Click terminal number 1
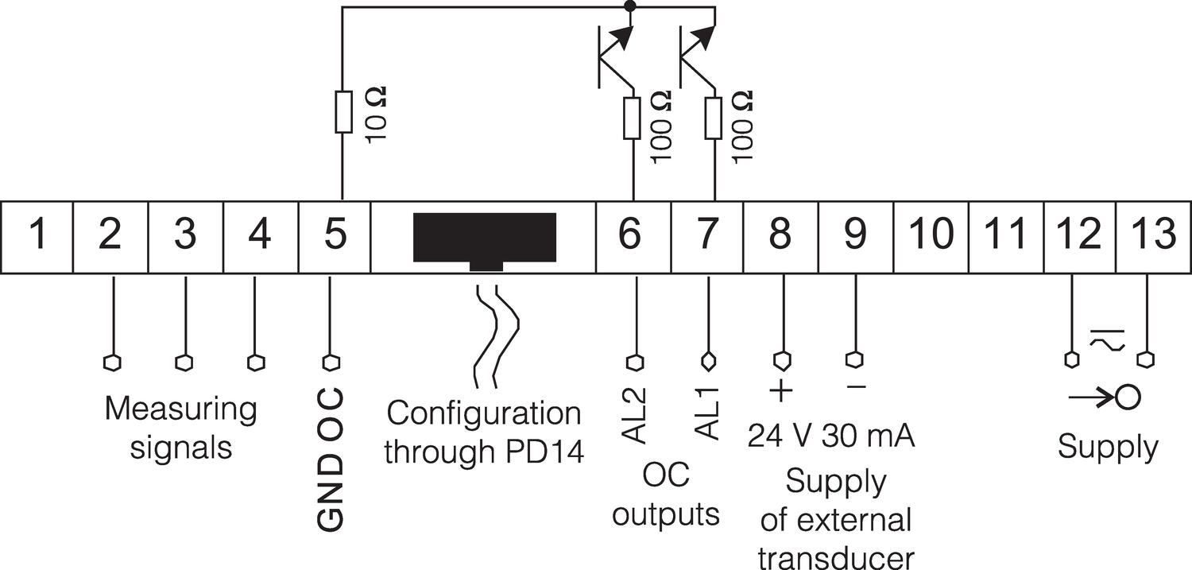click(x=37, y=236)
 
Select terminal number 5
click(x=335, y=236)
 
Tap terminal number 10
click(x=931, y=236)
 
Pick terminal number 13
click(x=1153, y=236)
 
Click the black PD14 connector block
click(x=484, y=239)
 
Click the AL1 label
click(x=706, y=413)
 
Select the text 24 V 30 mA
click(x=831, y=436)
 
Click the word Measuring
click(x=181, y=410)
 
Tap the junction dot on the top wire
click(x=631, y=7)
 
